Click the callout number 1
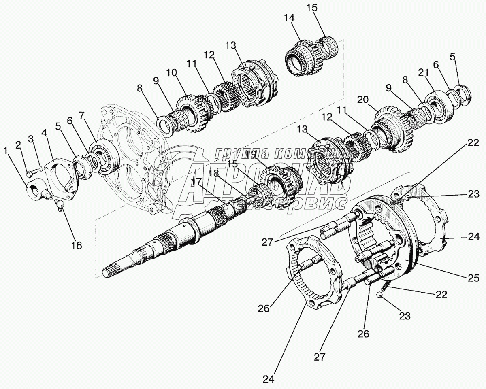click(x=5, y=151)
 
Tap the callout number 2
click(x=18, y=145)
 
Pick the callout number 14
click(x=301, y=18)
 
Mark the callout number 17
click(x=196, y=183)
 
